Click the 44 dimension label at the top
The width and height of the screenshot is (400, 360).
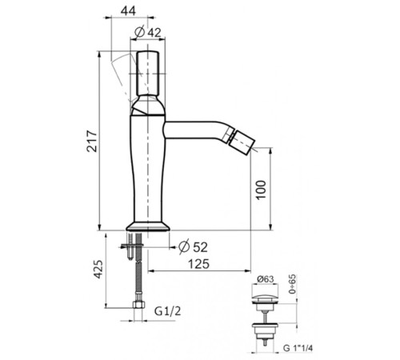128,10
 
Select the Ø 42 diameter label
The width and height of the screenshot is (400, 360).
147,32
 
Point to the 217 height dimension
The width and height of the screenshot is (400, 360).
92,141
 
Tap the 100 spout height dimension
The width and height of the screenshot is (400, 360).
262,190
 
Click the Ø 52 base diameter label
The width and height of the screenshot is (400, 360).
193,247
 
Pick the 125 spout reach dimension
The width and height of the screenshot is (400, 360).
198,264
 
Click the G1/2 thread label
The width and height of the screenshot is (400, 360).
168,311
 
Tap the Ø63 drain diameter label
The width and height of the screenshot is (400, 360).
266,279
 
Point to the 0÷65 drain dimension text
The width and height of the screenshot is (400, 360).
293,284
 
